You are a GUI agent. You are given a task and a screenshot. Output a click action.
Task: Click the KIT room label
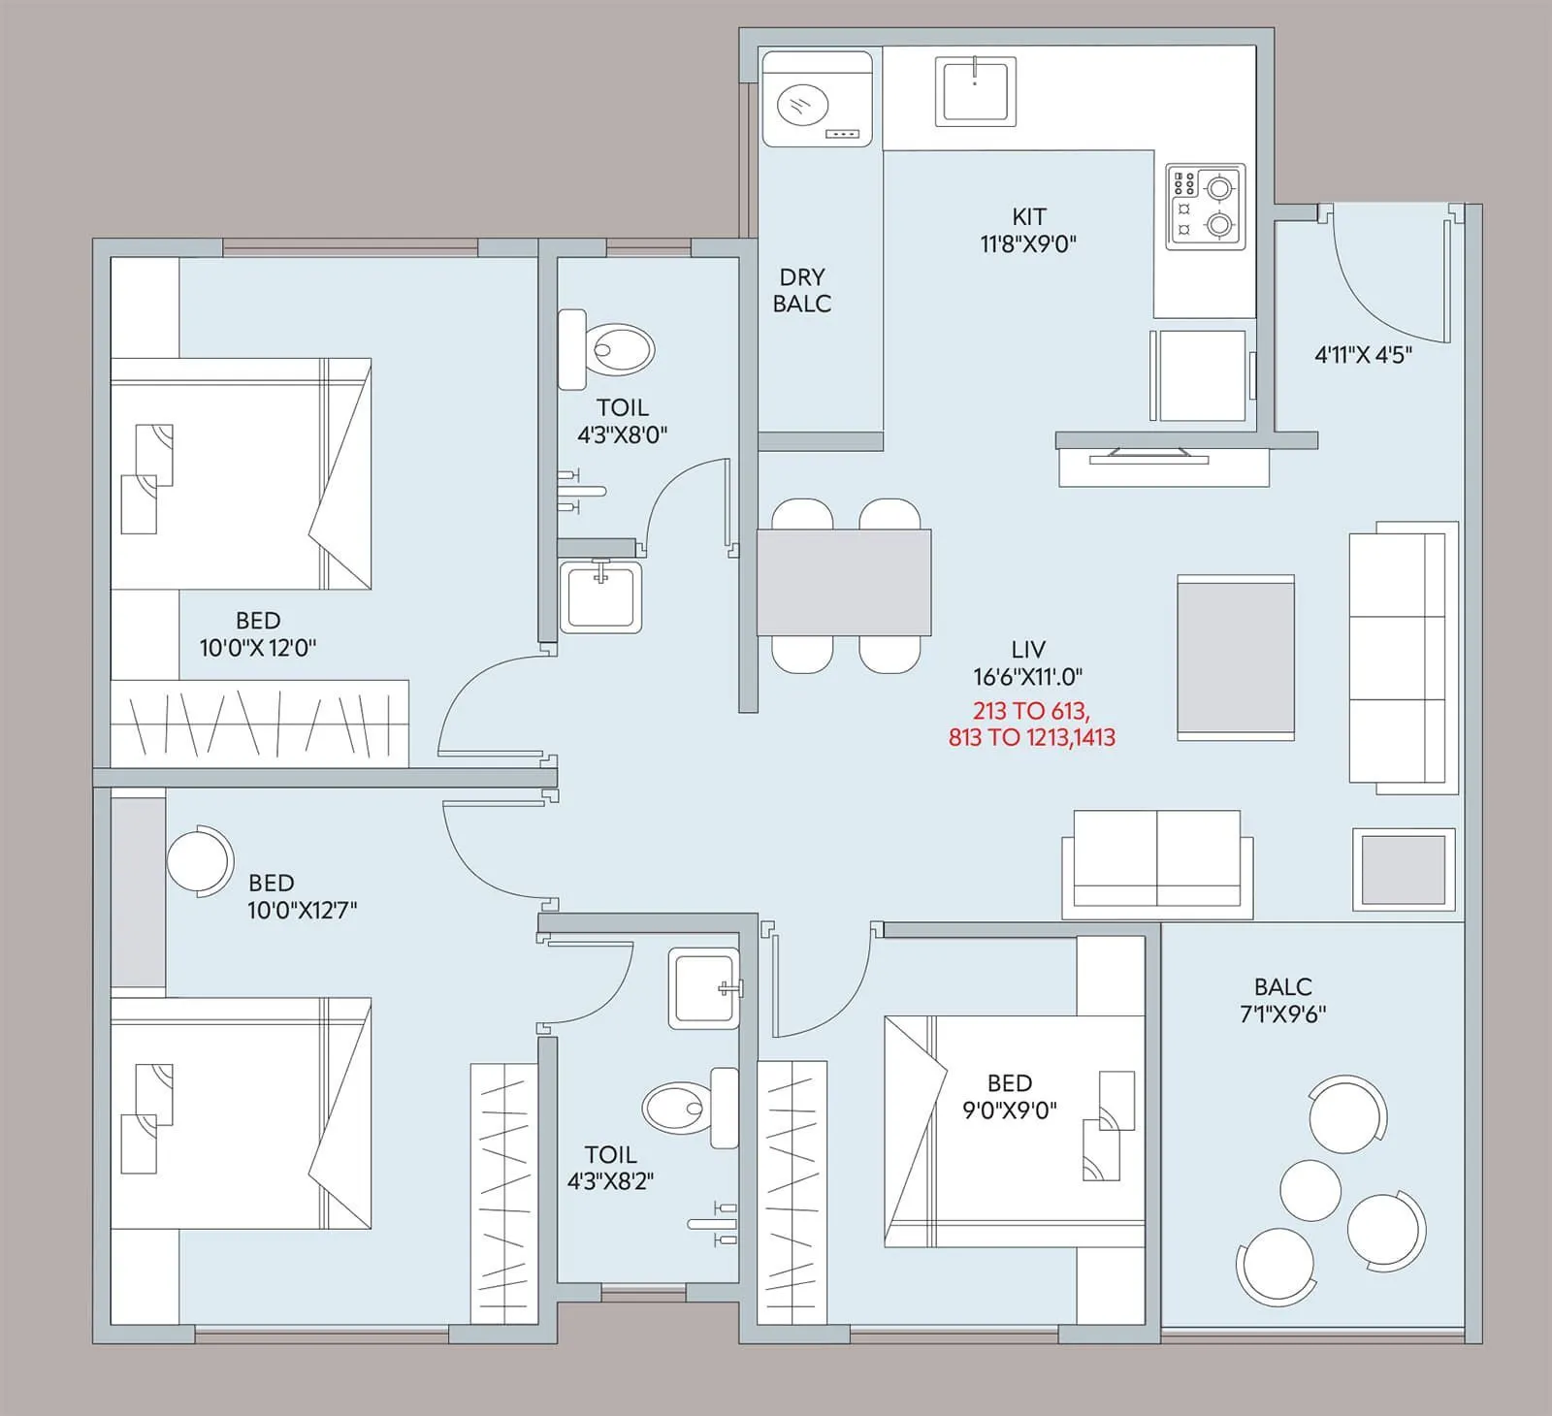click(1028, 230)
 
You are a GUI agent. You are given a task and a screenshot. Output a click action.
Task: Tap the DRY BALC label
click(801, 291)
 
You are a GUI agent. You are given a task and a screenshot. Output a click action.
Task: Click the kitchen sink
click(975, 90)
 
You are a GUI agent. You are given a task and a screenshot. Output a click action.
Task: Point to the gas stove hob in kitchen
click(1205, 207)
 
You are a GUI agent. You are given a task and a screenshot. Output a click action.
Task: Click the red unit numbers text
click(1031, 724)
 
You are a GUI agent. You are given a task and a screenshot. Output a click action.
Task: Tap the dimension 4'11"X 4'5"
click(1362, 355)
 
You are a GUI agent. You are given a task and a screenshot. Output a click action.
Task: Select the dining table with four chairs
click(844, 583)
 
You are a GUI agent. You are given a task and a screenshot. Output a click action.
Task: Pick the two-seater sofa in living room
click(1156, 863)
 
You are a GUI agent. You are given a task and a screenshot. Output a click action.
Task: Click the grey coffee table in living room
click(1235, 657)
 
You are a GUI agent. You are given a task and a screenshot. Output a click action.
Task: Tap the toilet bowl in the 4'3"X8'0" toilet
click(621, 350)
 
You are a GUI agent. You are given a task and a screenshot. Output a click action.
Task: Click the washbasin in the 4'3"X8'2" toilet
click(703, 988)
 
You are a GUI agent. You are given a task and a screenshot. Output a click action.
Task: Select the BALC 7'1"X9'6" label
click(1282, 1000)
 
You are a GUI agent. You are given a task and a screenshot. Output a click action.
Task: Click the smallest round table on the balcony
click(1309, 1190)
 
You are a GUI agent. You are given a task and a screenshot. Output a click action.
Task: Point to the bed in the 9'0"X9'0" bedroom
click(1014, 1130)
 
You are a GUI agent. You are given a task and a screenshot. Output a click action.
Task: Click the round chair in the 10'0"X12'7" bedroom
click(199, 860)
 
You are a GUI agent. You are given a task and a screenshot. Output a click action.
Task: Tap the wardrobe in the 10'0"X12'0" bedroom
click(259, 724)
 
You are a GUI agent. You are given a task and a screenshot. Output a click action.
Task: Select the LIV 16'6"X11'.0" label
click(1027, 662)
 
